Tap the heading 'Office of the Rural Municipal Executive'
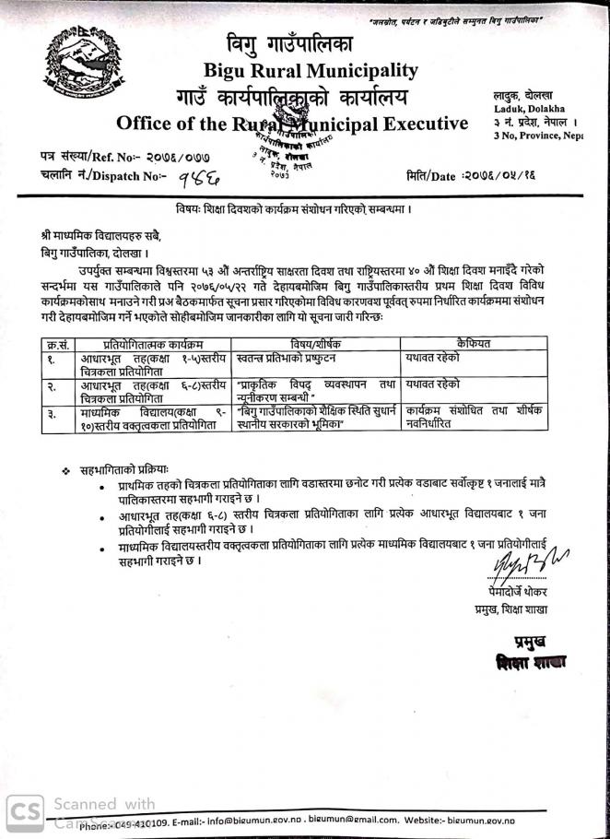tap(292, 123)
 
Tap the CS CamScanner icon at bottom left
tap(25, 809)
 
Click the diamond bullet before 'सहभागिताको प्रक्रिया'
tap(66, 470)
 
